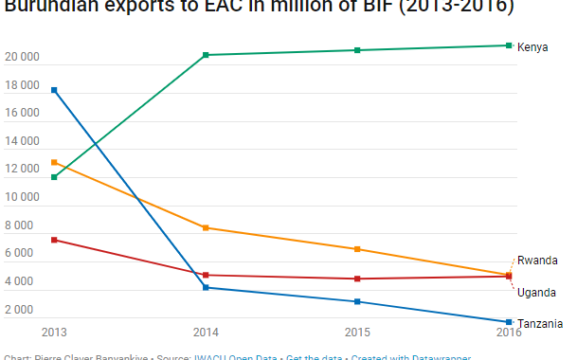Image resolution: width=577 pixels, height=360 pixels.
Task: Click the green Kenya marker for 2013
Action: point(54,177)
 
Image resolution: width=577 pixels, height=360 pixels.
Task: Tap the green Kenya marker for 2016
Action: point(509,45)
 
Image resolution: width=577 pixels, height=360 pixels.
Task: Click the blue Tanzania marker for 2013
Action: point(54,90)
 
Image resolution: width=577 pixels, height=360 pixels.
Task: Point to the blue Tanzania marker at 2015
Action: point(357,301)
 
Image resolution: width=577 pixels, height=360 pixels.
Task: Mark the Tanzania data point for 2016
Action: point(509,322)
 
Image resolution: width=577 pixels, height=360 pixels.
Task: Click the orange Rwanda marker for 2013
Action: point(54,162)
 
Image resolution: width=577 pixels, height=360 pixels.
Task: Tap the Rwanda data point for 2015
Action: point(357,249)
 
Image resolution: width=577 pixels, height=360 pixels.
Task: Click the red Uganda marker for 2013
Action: point(54,240)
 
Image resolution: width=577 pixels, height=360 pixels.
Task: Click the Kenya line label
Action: point(532,46)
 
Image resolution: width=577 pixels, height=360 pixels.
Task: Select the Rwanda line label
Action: point(536,261)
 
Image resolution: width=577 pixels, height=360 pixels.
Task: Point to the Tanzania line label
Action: point(540,323)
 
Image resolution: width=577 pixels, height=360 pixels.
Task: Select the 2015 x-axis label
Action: point(357,333)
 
